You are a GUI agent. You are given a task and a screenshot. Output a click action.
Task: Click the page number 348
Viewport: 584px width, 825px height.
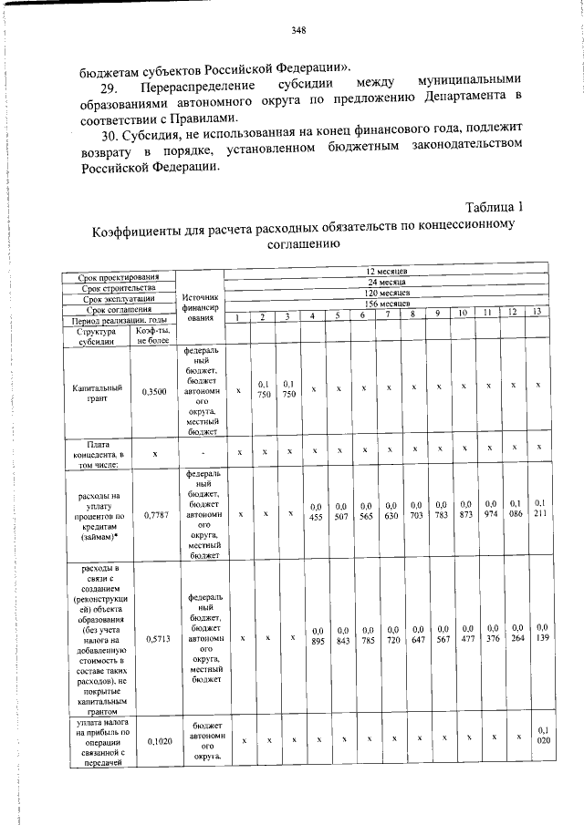tap(298, 31)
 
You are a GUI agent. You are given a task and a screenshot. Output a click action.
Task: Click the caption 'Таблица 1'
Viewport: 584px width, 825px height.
tap(494, 208)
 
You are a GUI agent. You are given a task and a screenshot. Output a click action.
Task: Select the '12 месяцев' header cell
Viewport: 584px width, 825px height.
tap(386, 272)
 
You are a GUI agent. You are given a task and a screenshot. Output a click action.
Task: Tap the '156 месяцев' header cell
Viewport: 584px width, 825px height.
tap(386, 304)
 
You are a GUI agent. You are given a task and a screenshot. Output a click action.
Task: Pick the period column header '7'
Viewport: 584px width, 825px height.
tap(388, 315)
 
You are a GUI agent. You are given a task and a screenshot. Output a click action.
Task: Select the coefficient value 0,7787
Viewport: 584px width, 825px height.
tap(154, 514)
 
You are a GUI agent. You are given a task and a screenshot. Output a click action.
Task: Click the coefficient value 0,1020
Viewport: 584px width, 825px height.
tap(154, 742)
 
